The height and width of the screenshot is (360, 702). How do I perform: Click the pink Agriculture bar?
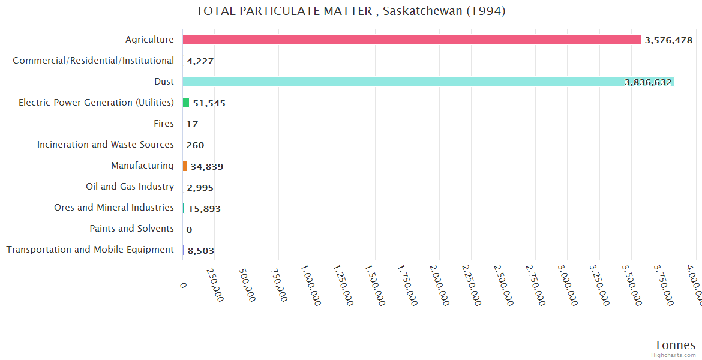pos(412,40)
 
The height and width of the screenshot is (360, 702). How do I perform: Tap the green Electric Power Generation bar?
pos(186,103)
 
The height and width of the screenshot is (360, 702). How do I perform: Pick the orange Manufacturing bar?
pos(185,166)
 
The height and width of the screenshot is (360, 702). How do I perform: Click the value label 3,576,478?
pos(668,40)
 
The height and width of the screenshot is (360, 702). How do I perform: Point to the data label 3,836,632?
pos(648,82)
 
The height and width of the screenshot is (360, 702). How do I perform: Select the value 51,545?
pos(209,103)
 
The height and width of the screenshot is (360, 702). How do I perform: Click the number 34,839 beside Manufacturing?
pos(207,166)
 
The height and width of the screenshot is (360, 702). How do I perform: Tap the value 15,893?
pos(205,209)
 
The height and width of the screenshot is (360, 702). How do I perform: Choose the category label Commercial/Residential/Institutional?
pos(93,61)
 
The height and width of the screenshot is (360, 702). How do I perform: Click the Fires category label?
pos(164,124)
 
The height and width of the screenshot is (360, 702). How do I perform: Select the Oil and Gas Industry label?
pos(130,187)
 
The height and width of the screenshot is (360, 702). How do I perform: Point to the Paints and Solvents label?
pos(131,229)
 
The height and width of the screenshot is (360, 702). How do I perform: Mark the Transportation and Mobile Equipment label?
pos(90,250)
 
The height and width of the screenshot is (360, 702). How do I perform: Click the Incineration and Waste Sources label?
pos(106,145)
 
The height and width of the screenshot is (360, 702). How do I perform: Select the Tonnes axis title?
pos(675,345)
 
